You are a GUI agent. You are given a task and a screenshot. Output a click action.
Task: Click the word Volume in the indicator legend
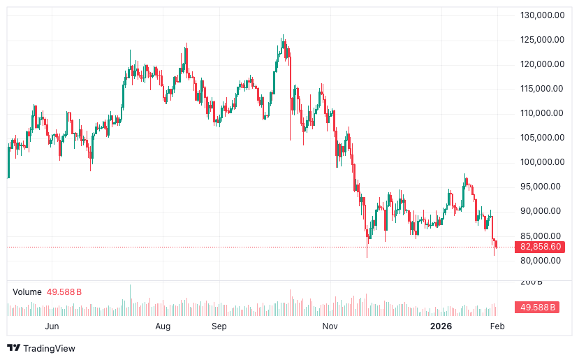click(27, 291)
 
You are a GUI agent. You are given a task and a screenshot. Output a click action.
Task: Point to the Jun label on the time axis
click(51, 326)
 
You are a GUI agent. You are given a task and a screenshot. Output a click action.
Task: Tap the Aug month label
click(163, 326)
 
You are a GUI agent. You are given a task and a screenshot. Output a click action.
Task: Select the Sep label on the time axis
click(219, 326)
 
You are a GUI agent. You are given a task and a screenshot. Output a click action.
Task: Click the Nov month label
click(330, 326)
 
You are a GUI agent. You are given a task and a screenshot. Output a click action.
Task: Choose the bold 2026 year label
click(441, 326)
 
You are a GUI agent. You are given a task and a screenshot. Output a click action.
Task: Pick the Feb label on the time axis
click(497, 326)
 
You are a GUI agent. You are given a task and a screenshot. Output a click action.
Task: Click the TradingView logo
click(41, 347)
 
